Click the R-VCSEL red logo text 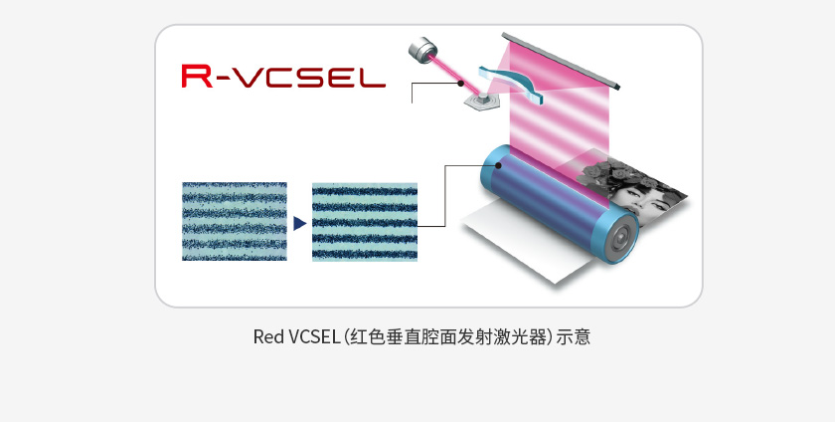point(283,77)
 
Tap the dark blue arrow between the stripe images point(299,223)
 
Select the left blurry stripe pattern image point(235,221)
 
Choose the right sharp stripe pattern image point(365,221)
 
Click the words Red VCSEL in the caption point(295,336)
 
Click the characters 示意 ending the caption point(574,336)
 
